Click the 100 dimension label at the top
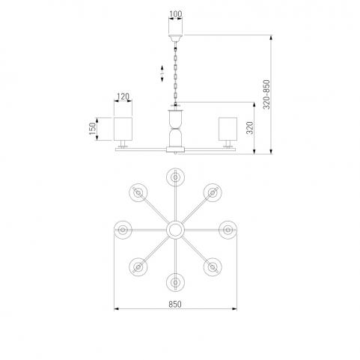pos(176,14)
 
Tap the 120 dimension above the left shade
pos(123,97)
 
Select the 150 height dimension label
pos(92,129)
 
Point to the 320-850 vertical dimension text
pos(266,94)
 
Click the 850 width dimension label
pos(175,305)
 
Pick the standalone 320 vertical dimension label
pos(250,128)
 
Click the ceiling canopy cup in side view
pos(175,38)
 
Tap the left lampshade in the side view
pos(123,129)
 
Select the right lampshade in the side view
pos(228,129)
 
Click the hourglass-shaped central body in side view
pos(175,129)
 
